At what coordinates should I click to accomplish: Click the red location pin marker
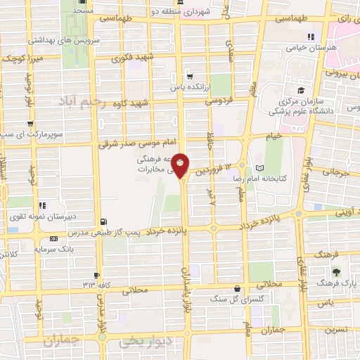point(181,165)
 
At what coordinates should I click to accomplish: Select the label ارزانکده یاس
point(188,89)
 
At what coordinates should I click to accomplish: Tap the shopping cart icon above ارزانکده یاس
point(188,77)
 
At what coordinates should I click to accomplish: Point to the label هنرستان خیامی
point(306,49)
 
